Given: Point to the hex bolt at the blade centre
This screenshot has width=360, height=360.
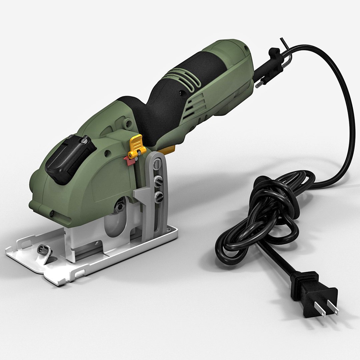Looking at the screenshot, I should click(x=120, y=206).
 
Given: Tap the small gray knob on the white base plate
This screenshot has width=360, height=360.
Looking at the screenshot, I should click(x=42, y=248).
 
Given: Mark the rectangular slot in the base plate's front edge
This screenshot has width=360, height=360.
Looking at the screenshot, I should click(x=79, y=274).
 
